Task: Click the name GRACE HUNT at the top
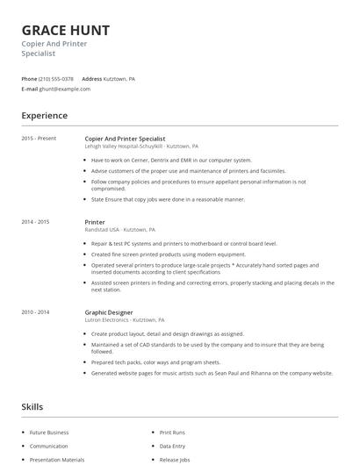pyautogui.click(x=66, y=30)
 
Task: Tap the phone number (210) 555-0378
pyautogui.click(x=57, y=79)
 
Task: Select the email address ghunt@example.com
pyautogui.click(x=66, y=89)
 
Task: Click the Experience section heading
pyautogui.click(x=45, y=116)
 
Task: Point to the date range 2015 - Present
pyautogui.click(x=39, y=139)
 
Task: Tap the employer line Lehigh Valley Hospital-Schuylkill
pyautogui.click(x=141, y=147)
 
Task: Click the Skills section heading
pyautogui.click(x=32, y=407)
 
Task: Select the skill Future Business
pyautogui.click(x=49, y=433)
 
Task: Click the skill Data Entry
pyautogui.click(x=173, y=446)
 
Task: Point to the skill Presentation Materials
pyautogui.click(x=57, y=459)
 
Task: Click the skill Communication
pyautogui.click(x=49, y=446)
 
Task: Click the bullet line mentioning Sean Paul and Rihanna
pyautogui.click(x=212, y=373)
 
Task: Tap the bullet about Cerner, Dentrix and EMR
pyautogui.click(x=171, y=161)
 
